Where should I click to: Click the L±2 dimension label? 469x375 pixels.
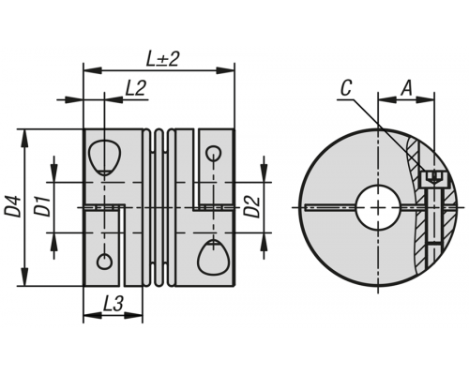(x=162, y=59)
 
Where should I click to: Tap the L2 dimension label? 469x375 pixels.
(x=135, y=88)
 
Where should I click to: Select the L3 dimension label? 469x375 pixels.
(x=113, y=304)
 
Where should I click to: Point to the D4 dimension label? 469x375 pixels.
(x=12, y=206)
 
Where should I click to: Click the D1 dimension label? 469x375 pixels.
(x=42, y=206)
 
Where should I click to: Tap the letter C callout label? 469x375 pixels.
(x=346, y=88)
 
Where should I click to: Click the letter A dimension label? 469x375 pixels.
(x=406, y=88)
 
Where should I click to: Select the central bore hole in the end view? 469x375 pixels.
(x=378, y=207)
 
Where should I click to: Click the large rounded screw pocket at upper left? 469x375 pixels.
(x=104, y=157)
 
